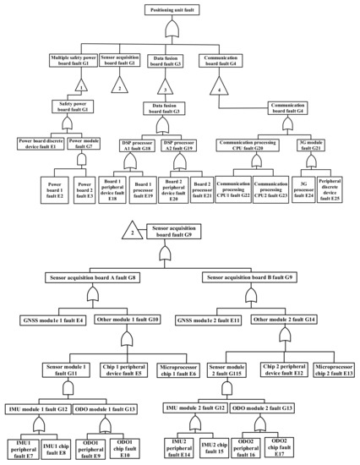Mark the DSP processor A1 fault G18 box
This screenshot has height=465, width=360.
pos(135,145)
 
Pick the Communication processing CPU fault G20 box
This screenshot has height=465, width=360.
pos(254,145)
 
